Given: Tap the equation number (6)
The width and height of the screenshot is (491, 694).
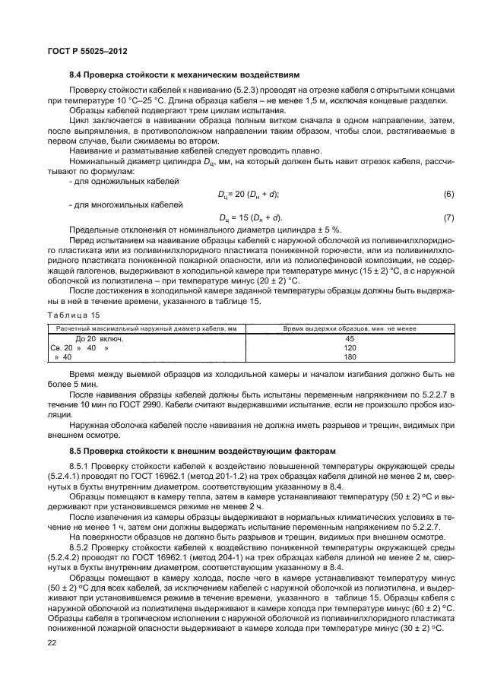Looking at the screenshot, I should point(448,195).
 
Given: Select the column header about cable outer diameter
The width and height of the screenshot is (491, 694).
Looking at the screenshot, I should point(146,328).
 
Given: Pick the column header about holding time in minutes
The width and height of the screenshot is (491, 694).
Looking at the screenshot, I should point(349,328).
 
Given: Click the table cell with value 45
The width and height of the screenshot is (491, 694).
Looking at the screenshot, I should point(350,338).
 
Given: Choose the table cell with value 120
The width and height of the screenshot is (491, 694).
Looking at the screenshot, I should point(350,347).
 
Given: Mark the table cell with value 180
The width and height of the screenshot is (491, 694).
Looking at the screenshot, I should point(350,357).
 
